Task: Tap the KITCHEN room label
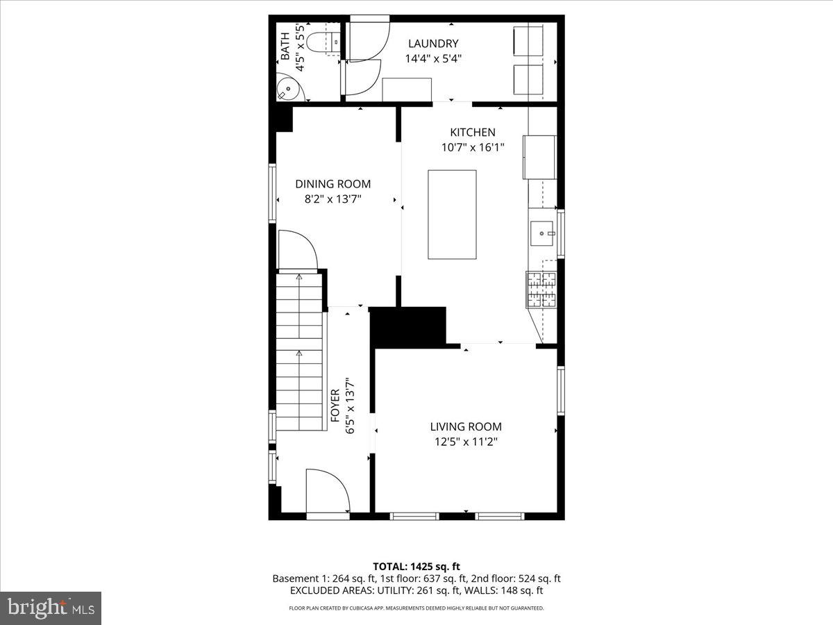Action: pos(473,132)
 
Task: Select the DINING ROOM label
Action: pos(333,184)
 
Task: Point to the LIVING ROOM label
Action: pos(465,427)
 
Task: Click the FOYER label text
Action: pos(335,406)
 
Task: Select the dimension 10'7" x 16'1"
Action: pos(473,147)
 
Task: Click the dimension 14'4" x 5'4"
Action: pos(433,59)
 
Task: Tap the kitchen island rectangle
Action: pos(452,214)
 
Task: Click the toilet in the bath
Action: pos(324,42)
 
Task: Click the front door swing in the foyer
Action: pos(326,492)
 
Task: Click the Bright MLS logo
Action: pos(51,608)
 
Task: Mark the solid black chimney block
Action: pos(407,326)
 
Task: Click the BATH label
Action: pos(285,47)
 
